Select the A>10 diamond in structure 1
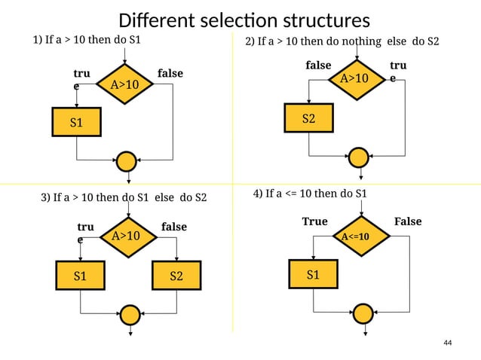tap(124, 85)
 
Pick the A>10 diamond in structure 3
tap(126, 236)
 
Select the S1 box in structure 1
tap(76, 122)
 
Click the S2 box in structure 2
tap(308, 118)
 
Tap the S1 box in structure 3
tap(80, 276)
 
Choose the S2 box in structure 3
tap(176, 276)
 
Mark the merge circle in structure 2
tap(360, 157)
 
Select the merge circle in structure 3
tap(130, 314)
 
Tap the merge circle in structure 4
tap(363, 313)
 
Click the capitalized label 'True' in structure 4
tap(314, 221)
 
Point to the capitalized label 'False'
tap(407, 221)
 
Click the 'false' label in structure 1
tap(170, 74)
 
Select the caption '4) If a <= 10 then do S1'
tap(310, 194)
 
